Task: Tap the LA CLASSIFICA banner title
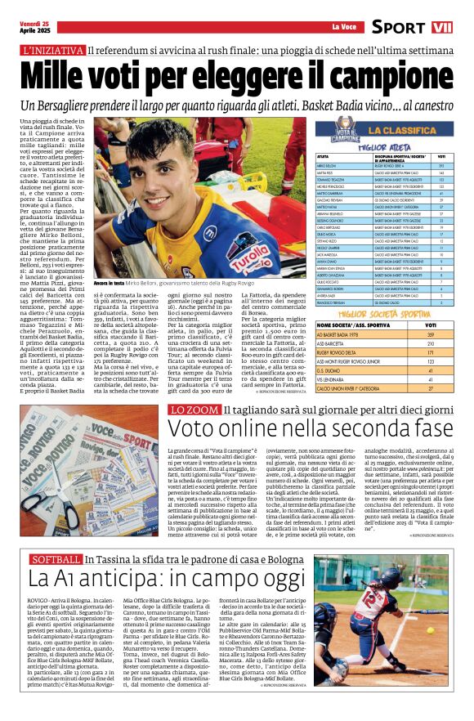pos(402,129)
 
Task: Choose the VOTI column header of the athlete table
pos(441,155)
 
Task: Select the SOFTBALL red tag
pos(56,536)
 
